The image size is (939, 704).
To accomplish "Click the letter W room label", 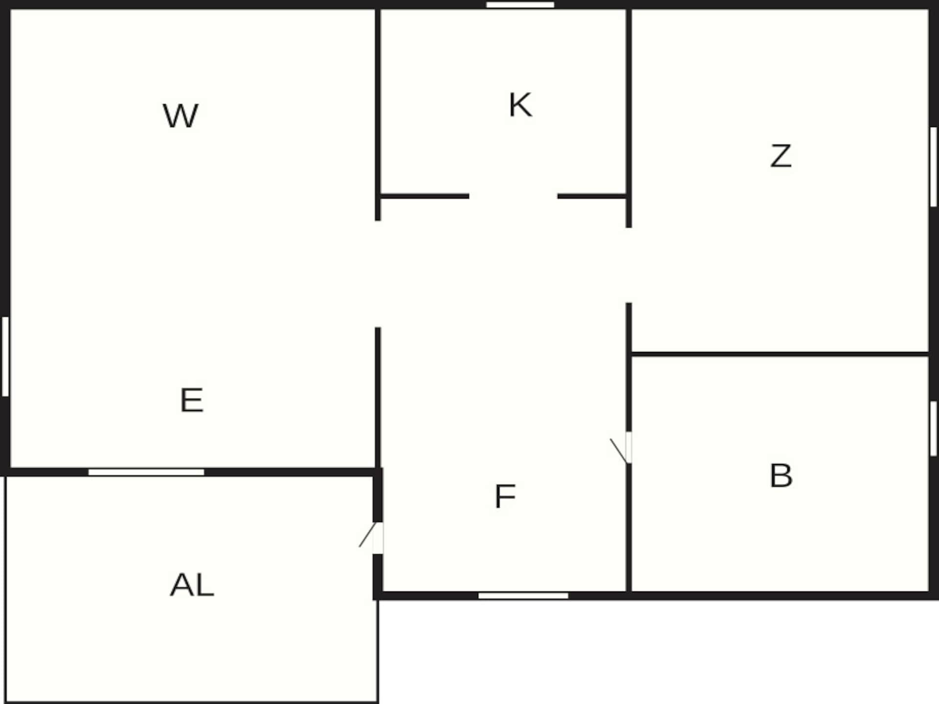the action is coord(180,116).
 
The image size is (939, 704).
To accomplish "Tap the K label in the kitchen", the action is coord(520,105).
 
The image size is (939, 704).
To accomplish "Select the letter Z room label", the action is coord(781,156).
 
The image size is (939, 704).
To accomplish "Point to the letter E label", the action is coord(192,400).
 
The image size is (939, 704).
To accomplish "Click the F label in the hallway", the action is coord(505,496).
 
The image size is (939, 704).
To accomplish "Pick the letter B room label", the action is coord(781,475).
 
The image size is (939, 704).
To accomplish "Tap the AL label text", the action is coord(192,585).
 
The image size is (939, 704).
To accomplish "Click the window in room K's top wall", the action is coord(520,5).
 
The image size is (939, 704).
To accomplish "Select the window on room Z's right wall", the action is coord(934,167).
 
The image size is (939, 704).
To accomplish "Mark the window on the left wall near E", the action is coord(5,356).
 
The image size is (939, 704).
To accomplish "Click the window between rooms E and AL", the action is coord(146,472).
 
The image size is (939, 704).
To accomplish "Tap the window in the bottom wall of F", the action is coord(523,595).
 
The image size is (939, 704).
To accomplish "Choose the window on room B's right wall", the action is coord(934,429).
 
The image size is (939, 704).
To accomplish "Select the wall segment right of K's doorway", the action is coord(592,196).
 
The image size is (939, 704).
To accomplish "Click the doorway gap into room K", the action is coord(514,196).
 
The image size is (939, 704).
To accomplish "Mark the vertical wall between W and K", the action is coord(378,114).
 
